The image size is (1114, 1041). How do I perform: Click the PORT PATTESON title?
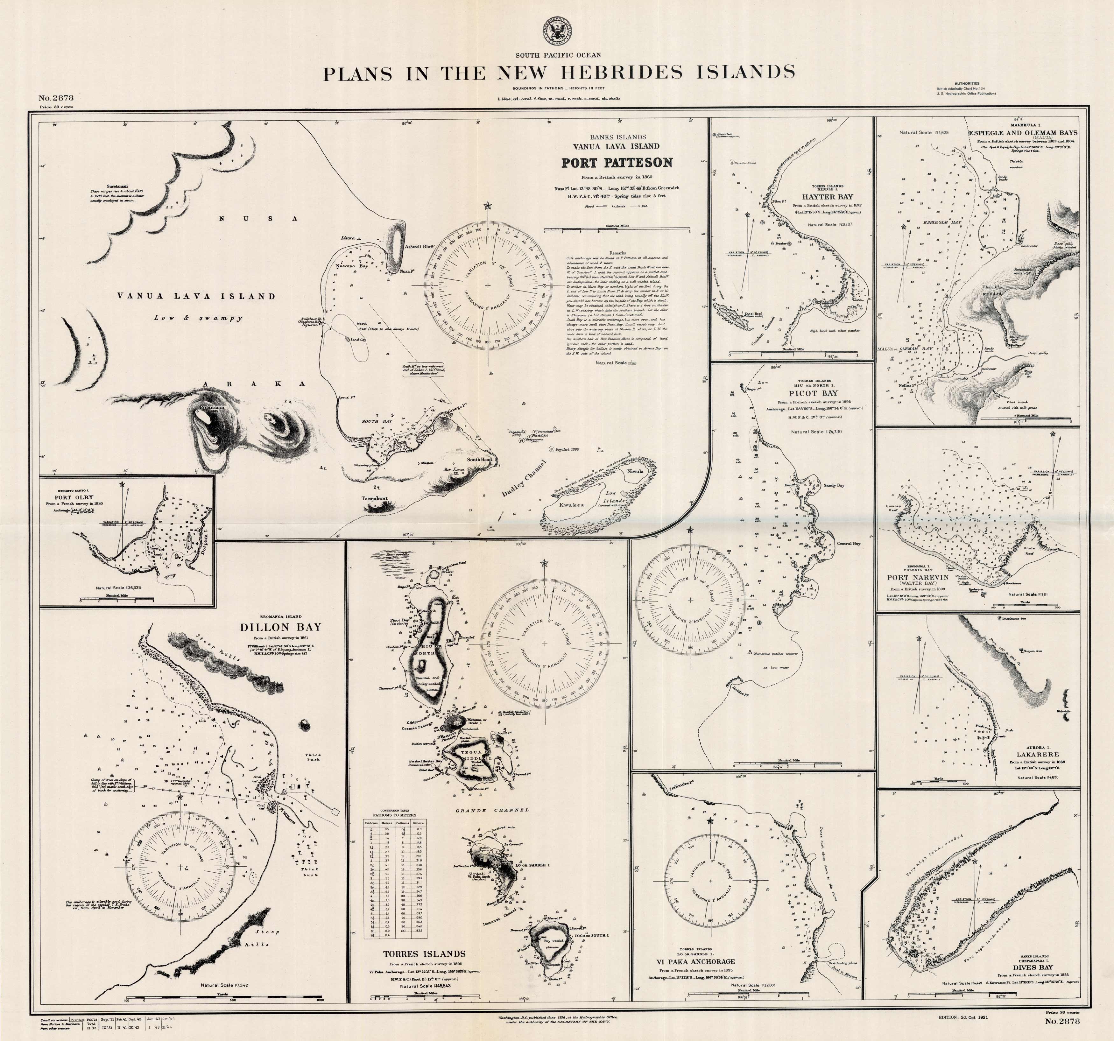coord(617,163)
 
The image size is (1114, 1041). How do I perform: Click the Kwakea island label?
coord(571,504)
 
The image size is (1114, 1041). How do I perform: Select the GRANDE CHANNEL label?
coord(491,810)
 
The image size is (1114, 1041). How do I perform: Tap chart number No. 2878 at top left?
coord(57,98)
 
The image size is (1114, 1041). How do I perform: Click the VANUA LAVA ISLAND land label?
coord(196,296)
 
